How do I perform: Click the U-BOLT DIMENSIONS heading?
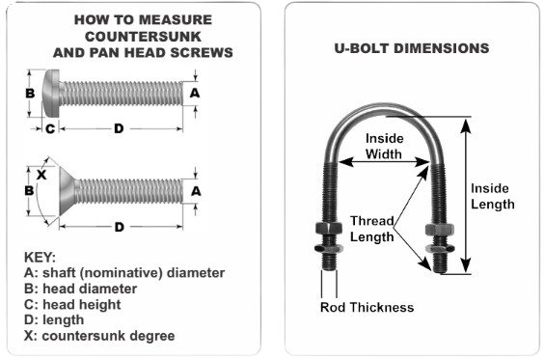(412, 48)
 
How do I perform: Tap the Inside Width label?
(384, 146)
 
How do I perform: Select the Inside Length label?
(492, 196)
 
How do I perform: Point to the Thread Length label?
(372, 229)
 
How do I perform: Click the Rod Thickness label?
(367, 307)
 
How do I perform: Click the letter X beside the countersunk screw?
(41, 175)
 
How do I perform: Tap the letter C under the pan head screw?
(50, 128)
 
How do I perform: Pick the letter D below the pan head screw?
(119, 128)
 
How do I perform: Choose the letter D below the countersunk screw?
(119, 227)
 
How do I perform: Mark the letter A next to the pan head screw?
(195, 93)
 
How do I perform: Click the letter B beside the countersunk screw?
(30, 190)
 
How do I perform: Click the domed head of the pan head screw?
(51, 94)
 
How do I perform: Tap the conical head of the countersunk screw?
(68, 190)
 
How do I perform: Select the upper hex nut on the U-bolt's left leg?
(329, 228)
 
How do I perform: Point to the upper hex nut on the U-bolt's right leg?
(440, 229)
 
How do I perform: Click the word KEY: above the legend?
(40, 258)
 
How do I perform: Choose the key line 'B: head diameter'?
(80, 289)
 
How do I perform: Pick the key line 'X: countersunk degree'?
(99, 336)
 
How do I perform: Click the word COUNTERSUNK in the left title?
(143, 37)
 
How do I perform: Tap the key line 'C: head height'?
(72, 304)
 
